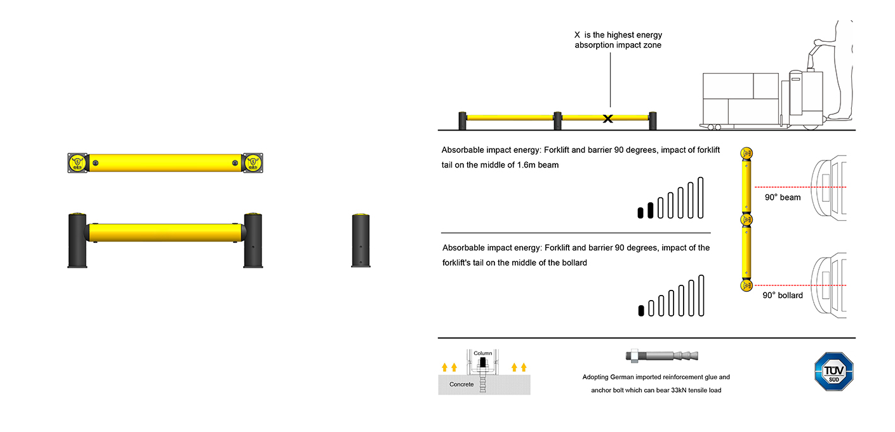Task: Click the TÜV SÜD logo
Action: [833, 371]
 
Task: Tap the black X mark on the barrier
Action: [607, 118]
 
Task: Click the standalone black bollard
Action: [361, 240]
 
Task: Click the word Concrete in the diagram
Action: [461, 384]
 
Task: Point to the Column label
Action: [483, 353]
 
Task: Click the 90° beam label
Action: [782, 197]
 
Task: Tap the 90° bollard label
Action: [782, 296]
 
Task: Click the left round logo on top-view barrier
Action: [77, 163]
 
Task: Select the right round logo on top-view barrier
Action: [253, 163]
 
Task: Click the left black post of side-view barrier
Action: [77, 240]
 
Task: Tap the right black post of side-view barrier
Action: [253, 240]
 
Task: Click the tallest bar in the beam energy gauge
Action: [701, 197]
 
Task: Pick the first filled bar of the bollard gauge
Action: [641, 310]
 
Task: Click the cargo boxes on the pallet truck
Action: [740, 98]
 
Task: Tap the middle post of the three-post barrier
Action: [557, 121]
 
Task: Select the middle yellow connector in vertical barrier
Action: [746, 219]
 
